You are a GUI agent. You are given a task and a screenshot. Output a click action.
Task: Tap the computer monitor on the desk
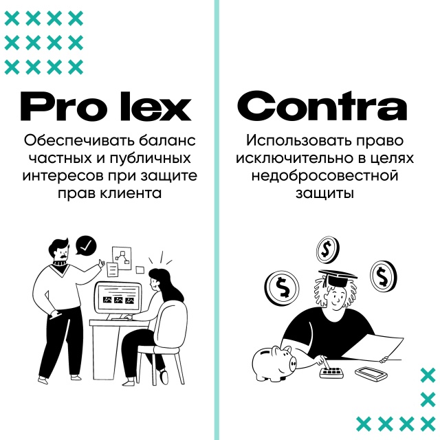click(x=118, y=300)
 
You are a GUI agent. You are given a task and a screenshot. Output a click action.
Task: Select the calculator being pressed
click(x=333, y=372)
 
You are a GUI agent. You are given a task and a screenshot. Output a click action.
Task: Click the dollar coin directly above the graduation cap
click(x=327, y=249)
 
